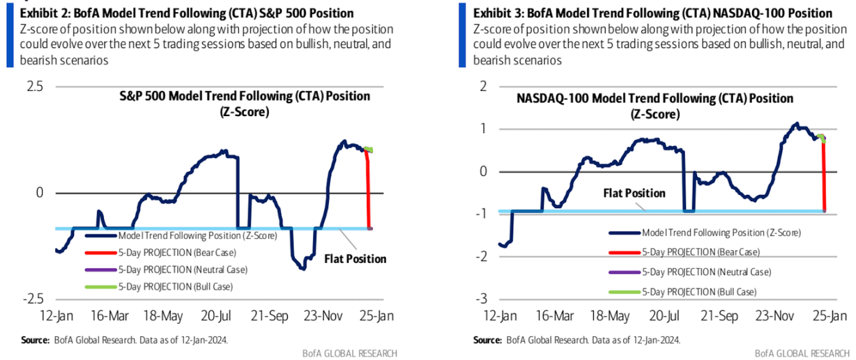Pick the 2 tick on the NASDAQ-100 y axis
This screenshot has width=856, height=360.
point(483,86)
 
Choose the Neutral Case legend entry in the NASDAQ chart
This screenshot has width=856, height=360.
point(707,272)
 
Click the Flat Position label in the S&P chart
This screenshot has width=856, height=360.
point(355,259)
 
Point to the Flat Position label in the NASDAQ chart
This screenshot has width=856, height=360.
point(635,194)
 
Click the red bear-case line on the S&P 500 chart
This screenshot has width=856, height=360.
point(368,190)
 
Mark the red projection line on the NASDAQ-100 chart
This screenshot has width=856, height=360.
point(823,177)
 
